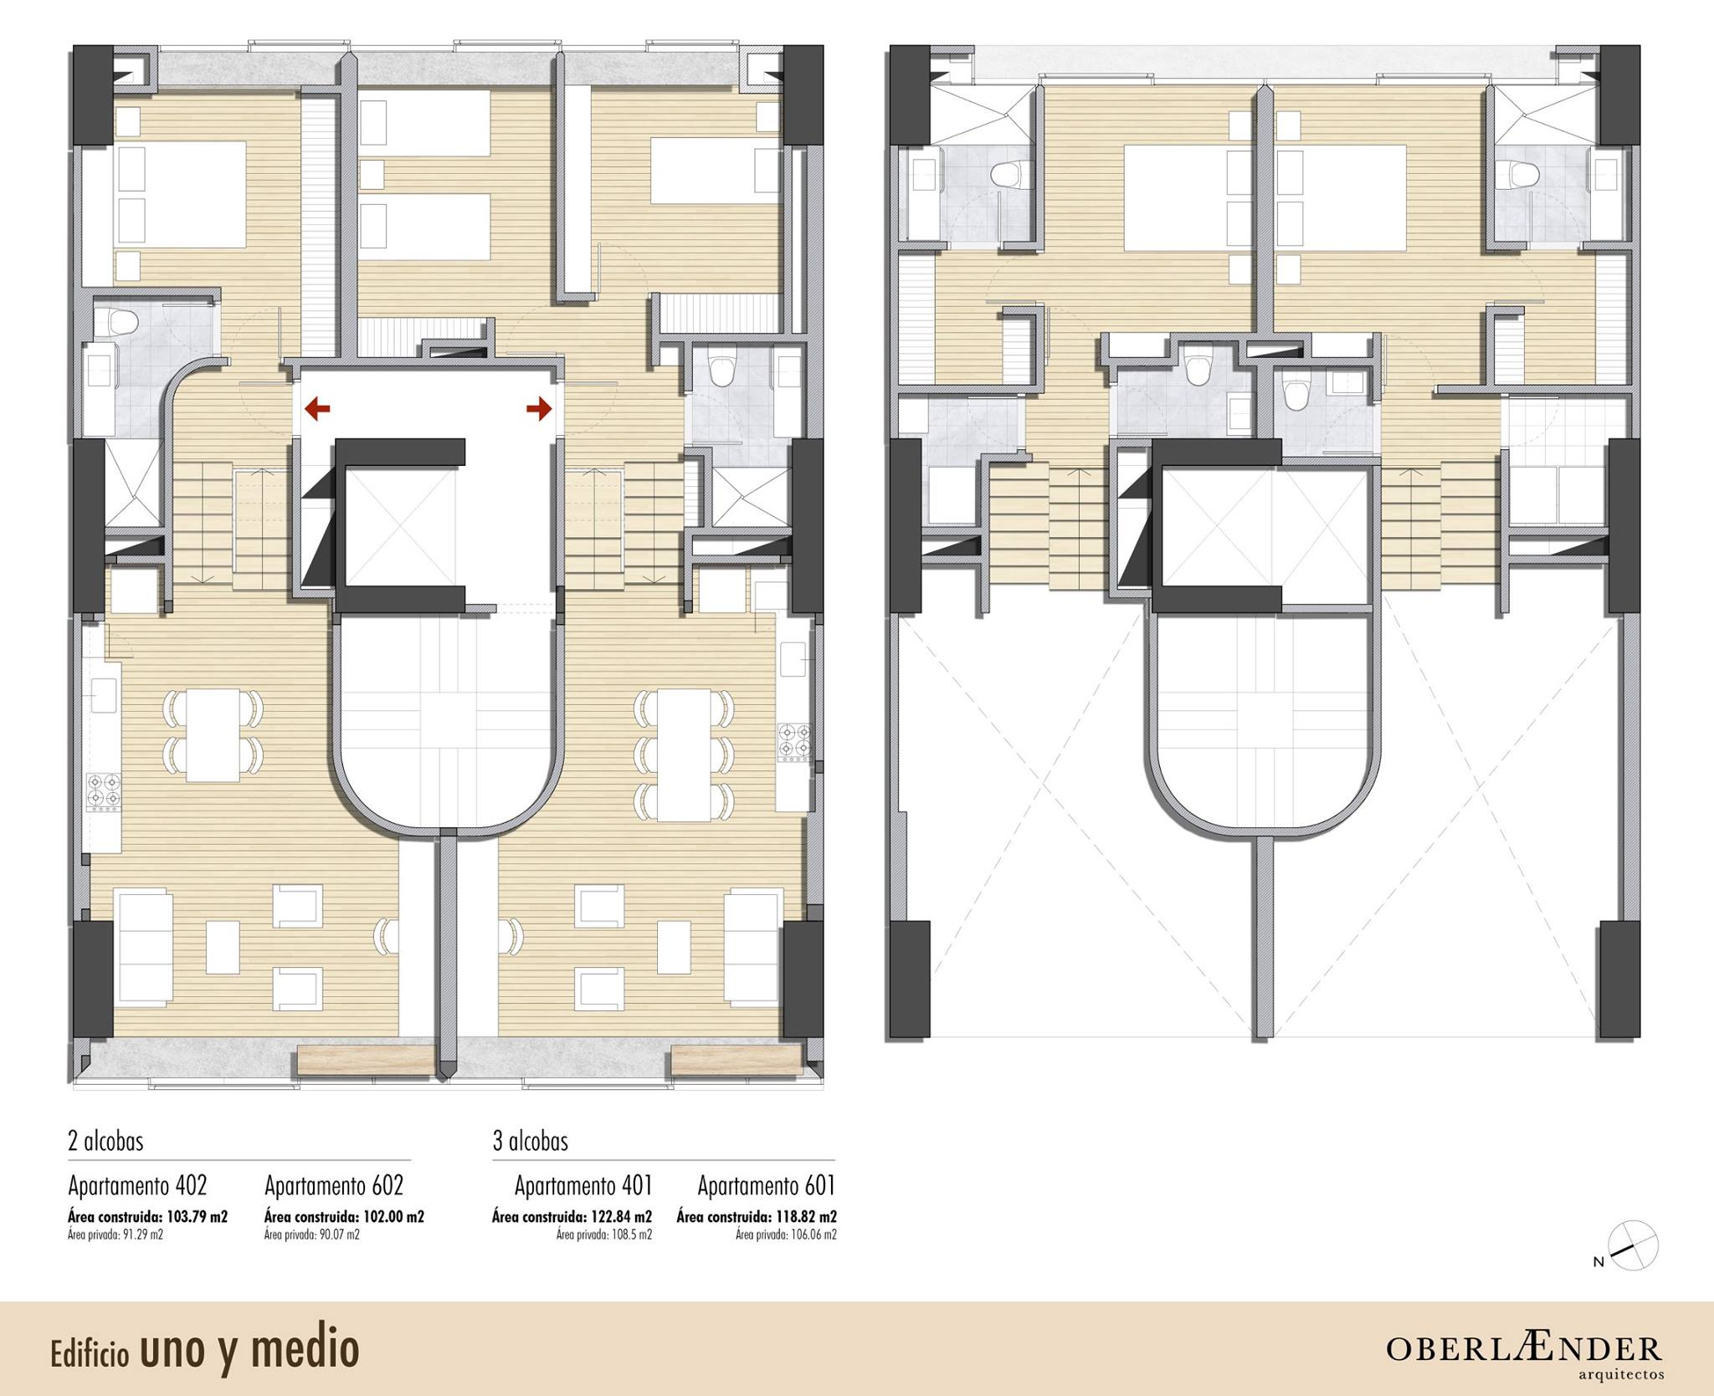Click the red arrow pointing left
pos(317,408)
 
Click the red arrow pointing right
pos(540,408)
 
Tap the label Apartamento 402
pos(137,1186)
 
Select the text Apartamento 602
pos(334,1186)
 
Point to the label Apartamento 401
pos(583,1186)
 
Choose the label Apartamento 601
pos(767,1186)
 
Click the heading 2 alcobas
pos(105,1142)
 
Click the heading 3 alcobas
pos(531,1142)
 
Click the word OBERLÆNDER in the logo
pos(1524,1348)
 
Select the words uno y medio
pos(249,1349)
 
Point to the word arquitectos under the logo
pos(1621,1374)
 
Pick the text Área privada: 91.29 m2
pos(115,1235)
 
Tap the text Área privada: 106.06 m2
pos(787,1235)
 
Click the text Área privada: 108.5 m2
pos(604,1235)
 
